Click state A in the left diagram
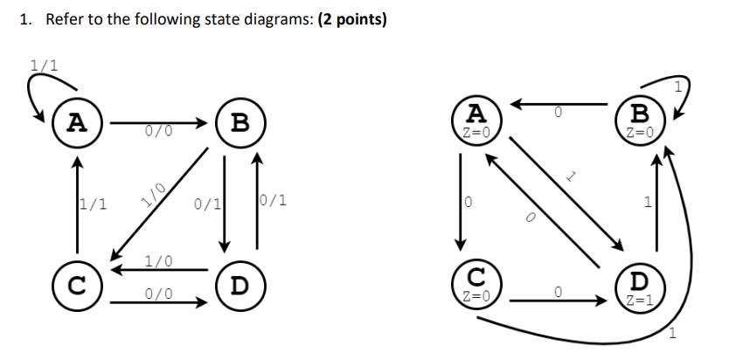77,122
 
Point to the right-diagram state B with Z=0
640,120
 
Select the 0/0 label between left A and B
158,132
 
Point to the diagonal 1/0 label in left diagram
154,189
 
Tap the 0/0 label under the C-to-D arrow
158,294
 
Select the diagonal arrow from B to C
162,201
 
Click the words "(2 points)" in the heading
342,19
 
